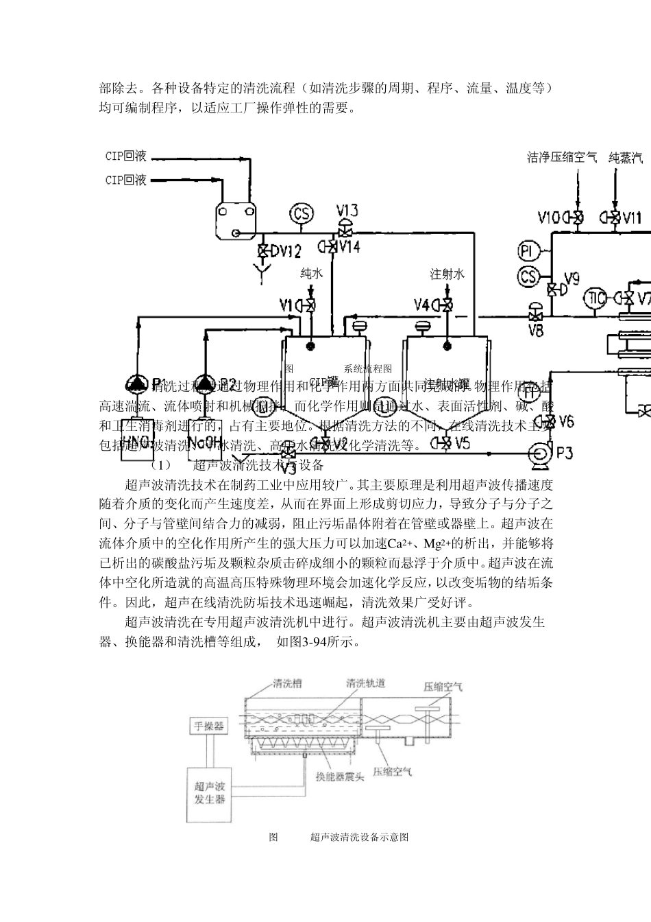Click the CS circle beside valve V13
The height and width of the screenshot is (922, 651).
click(302, 213)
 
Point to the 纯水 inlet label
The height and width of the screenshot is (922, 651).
click(310, 274)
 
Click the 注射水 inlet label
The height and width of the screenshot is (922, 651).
click(447, 274)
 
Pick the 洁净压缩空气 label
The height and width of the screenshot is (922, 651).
click(562, 158)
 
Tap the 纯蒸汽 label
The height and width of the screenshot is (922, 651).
click(626, 158)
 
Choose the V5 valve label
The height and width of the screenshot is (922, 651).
click(462, 443)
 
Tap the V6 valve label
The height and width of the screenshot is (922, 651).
click(566, 421)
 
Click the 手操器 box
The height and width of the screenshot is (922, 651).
click(208, 726)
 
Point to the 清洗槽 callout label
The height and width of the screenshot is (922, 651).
click(287, 683)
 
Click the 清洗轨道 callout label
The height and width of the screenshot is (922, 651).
click(365, 683)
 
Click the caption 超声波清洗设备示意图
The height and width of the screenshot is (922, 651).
click(359, 837)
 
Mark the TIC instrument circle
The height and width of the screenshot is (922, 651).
click(595, 298)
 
